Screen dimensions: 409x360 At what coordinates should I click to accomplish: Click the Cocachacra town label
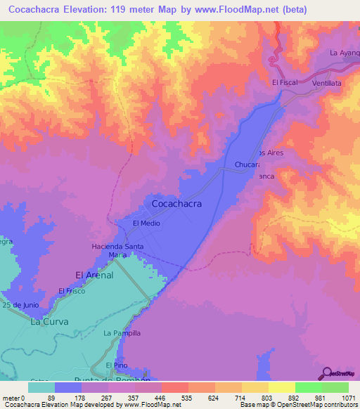(177, 203)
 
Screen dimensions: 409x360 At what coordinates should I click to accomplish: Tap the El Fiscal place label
(285, 82)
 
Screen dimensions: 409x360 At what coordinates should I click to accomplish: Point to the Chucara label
(247, 165)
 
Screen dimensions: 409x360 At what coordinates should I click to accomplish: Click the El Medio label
(147, 223)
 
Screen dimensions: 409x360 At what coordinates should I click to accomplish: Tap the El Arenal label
(94, 275)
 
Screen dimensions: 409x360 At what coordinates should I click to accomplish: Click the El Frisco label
(71, 291)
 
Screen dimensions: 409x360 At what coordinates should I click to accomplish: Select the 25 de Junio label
(19, 306)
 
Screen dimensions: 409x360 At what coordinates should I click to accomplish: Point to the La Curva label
(46, 322)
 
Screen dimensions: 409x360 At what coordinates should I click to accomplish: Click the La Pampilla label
(122, 332)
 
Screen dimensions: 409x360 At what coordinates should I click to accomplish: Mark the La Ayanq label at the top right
(344, 53)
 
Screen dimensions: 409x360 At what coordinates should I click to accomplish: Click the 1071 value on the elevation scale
(349, 398)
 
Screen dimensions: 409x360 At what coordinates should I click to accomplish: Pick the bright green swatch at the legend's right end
(335, 387)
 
